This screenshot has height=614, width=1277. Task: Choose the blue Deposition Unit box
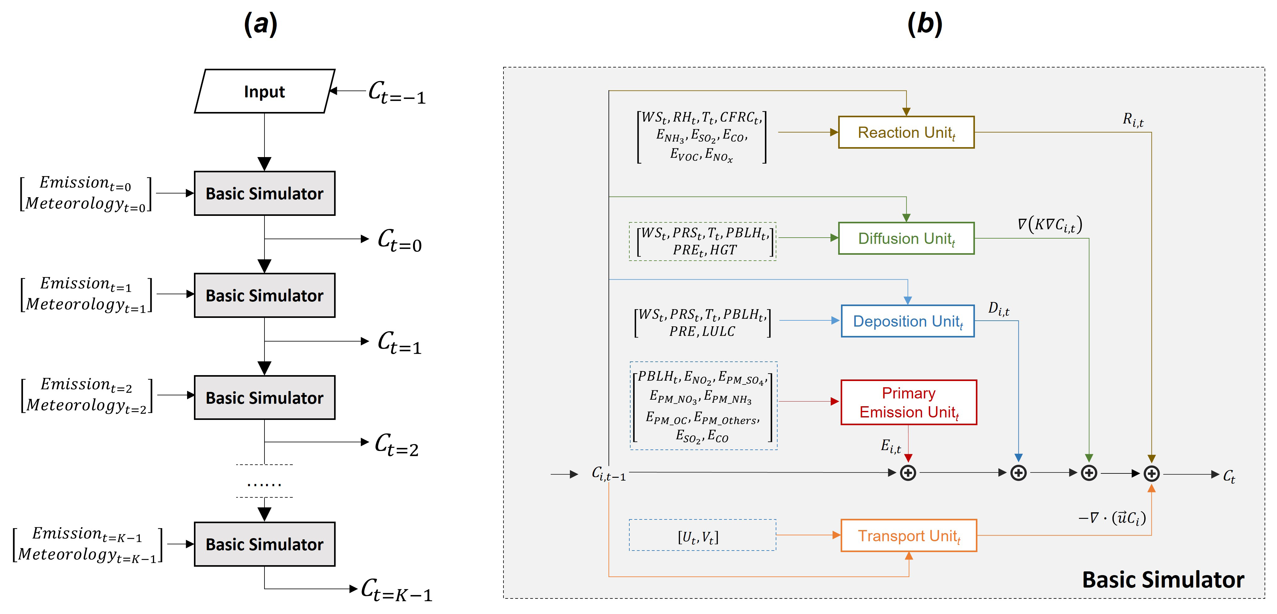pyautogui.click(x=907, y=321)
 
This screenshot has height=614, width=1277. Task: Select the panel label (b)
pyautogui.click(x=925, y=24)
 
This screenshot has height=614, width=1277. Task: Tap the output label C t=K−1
pyautogui.click(x=396, y=590)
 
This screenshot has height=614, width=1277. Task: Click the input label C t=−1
pyautogui.click(x=397, y=93)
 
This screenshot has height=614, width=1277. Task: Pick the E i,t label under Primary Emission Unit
pyautogui.click(x=890, y=446)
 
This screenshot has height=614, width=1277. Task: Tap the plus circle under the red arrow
pyautogui.click(x=908, y=473)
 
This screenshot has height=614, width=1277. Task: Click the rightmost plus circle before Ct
pyautogui.click(x=1151, y=474)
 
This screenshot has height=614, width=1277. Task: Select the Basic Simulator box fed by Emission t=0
pyautogui.click(x=264, y=193)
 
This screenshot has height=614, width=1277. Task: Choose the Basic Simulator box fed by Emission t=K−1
pyautogui.click(x=264, y=544)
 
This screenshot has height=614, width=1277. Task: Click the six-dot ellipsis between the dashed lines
pyautogui.click(x=264, y=484)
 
